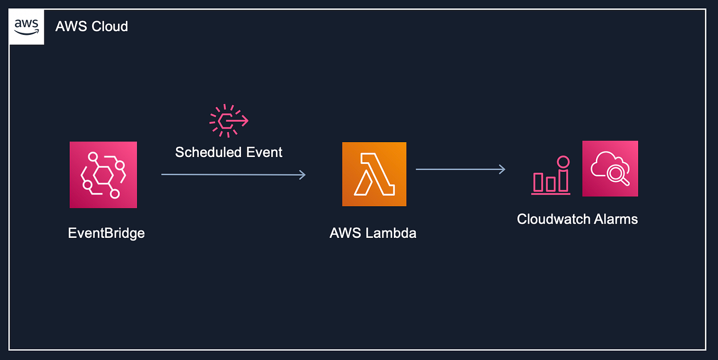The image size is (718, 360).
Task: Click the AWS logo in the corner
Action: tap(26, 26)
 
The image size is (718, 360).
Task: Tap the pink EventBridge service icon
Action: tap(103, 174)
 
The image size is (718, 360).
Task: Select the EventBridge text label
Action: tap(106, 233)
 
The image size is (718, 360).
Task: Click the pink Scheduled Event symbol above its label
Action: tap(228, 121)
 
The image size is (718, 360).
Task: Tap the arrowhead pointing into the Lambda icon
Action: tap(302, 174)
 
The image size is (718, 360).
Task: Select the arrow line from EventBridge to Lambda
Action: tap(233, 174)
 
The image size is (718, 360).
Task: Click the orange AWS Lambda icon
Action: tap(374, 174)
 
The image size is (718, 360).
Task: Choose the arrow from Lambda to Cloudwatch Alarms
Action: tap(460, 169)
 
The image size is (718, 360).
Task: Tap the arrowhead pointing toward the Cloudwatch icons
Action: tap(502, 169)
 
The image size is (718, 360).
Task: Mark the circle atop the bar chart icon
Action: tap(563, 162)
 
